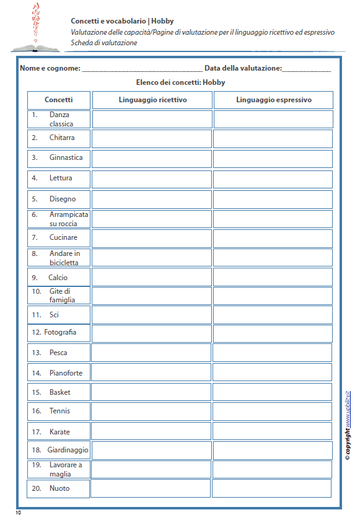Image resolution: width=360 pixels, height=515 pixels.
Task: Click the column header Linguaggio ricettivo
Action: pos(152,100)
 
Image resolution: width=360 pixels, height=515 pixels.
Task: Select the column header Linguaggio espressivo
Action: pos(273,100)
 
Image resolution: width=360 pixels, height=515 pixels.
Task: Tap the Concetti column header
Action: pos(59,100)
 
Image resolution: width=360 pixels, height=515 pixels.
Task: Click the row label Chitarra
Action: pos(62,138)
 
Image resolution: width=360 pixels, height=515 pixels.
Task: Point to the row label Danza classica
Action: pos(61,120)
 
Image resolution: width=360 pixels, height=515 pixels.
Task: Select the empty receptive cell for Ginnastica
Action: pos(152,159)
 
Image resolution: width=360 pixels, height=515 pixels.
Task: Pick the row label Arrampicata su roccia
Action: pos(68,219)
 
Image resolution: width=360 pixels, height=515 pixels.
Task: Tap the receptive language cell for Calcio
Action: pos(152,276)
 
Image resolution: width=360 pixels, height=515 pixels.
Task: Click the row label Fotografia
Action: pos(60,332)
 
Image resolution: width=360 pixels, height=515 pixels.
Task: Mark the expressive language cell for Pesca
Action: pos(273,353)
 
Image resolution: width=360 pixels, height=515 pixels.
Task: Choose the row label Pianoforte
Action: pos(66,373)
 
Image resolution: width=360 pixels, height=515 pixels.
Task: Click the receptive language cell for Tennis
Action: pos(151,412)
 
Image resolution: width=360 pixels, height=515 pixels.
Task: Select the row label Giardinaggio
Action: pos(68,450)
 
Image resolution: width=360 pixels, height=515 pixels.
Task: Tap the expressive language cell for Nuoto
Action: pos(272,488)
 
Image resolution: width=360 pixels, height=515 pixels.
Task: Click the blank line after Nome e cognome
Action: pos(142,69)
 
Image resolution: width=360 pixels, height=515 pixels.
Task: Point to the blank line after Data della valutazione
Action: pos(306,69)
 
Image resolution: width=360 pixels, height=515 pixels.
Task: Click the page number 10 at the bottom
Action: pos(18,512)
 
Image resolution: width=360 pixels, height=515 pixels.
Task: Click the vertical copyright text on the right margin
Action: pos(349,425)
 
